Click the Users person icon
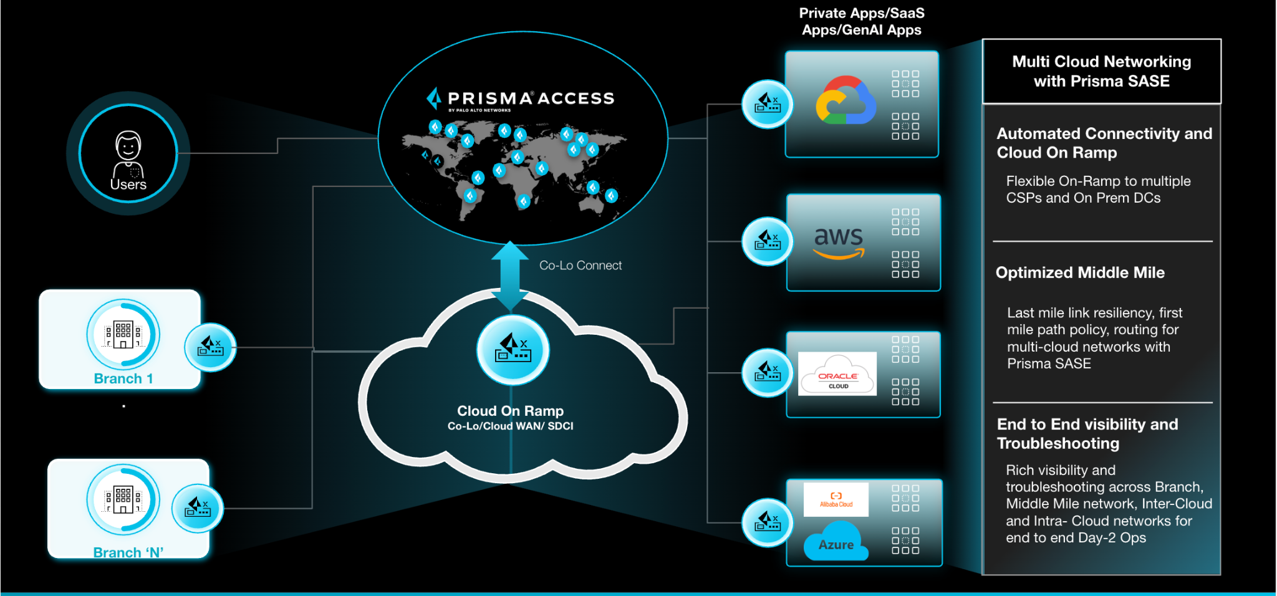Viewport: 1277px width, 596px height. click(x=128, y=153)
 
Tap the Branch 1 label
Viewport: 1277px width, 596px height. click(x=123, y=378)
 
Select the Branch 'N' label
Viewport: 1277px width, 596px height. click(x=128, y=552)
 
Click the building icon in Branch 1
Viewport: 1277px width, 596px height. click(x=123, y=335)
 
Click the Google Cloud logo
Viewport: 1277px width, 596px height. click(x=846, y=101)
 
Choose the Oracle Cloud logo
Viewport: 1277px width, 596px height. click(x=837, y=373)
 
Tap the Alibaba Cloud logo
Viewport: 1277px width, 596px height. click(x=836, y=499)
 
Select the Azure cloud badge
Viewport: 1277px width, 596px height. click(x=836, y=544)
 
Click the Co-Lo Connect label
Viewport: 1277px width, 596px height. click(x=580, y=266)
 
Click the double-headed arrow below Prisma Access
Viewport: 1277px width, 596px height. click(x=510, y=276)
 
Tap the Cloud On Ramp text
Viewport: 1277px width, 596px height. click(x=510, y=411)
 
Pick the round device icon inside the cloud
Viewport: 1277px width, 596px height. click(x=513, y=349)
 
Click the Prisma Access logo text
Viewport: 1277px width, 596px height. click(x=530, y=99)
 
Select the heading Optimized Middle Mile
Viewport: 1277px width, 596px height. click(x=1080, y=272)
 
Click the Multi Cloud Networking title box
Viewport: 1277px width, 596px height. click(x=1101, y=71)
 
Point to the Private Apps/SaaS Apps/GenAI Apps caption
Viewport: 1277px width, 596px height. click(x=862, y=22)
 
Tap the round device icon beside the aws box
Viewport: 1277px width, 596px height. click(x=767, y=241)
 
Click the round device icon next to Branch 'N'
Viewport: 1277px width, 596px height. click(x=198, y=509)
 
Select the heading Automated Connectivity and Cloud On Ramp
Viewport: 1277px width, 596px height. click(x=1104, y=143)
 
